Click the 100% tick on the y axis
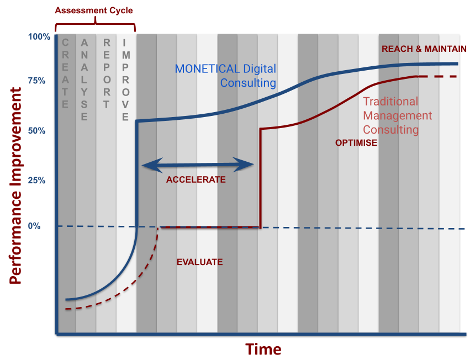click(x=40, y=37)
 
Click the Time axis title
click(x=263, y=349)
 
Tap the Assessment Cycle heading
click(x=94, y=10)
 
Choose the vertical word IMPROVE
click(x=126, y=80)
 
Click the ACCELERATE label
click(x=196, y=179)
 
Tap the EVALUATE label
click(x=199, y=262)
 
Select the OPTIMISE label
click(x=356, y=142)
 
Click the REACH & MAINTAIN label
click(x=424, y=49)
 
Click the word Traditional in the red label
click(x=390, y=102)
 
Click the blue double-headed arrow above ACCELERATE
click(x=197, y=164)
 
